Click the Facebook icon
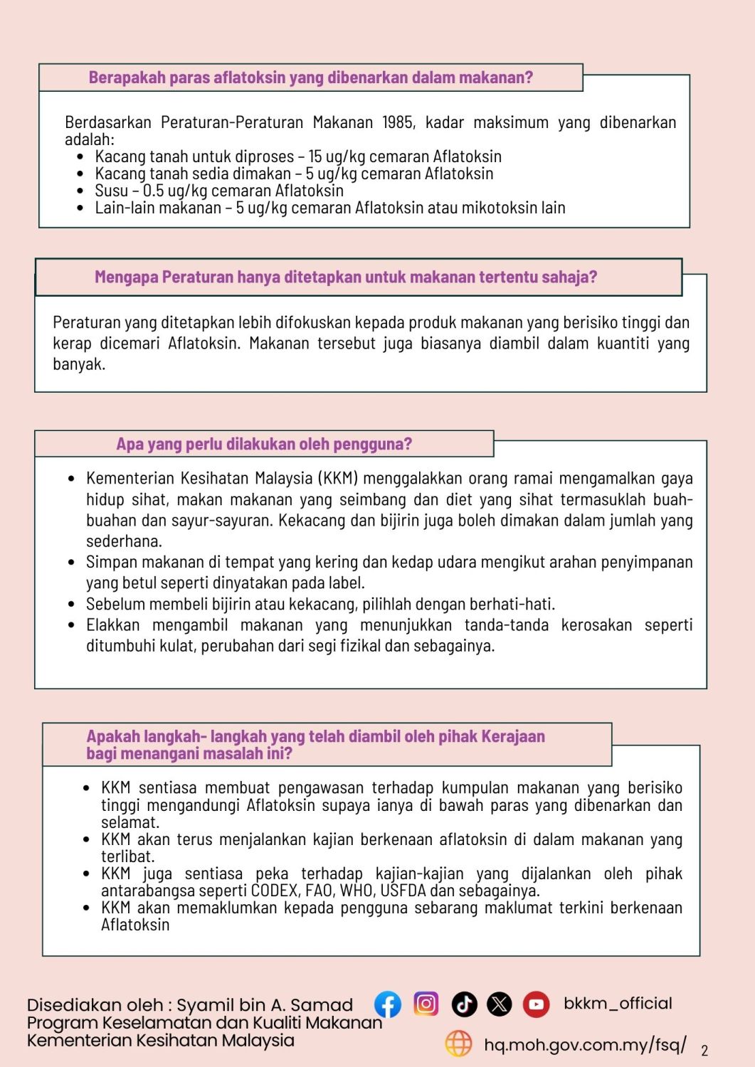[388, 1004]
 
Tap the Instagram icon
[426, 1004]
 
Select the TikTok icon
[464, 1004]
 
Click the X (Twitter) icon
[500, 1004]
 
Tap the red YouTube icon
[536, 1004]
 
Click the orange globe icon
[458, 1044]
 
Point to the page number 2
[704, 1051]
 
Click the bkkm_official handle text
[618, 1003]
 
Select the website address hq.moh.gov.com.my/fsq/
[585, 1044]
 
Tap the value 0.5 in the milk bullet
[153, 191]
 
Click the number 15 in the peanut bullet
[315, 156]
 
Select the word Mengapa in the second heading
[126, 277]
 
